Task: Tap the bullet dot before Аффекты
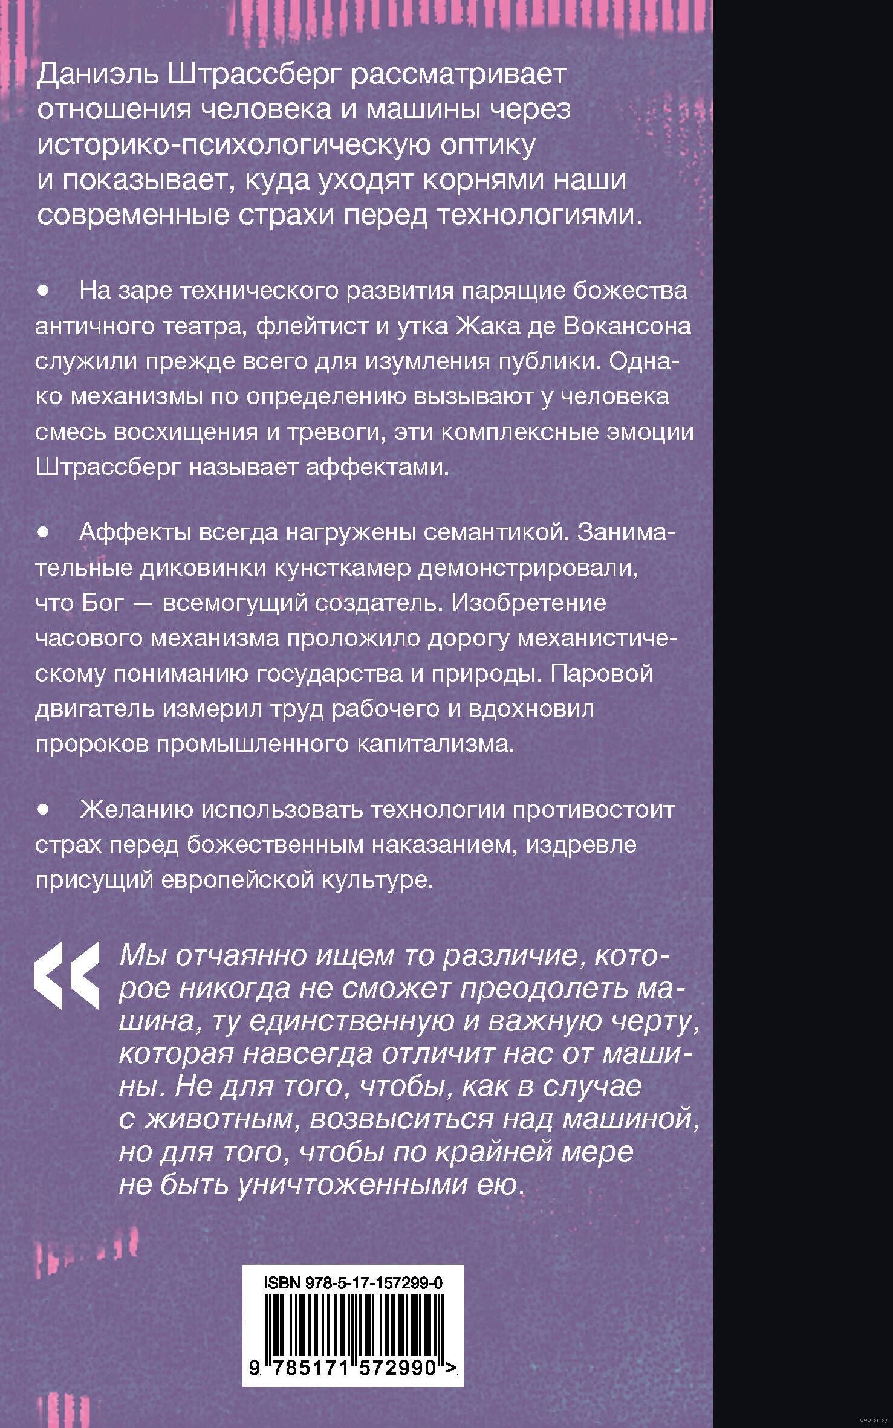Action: coord(42,532)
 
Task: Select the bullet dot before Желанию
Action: coord(42,809)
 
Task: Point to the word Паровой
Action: coord(602,673)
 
